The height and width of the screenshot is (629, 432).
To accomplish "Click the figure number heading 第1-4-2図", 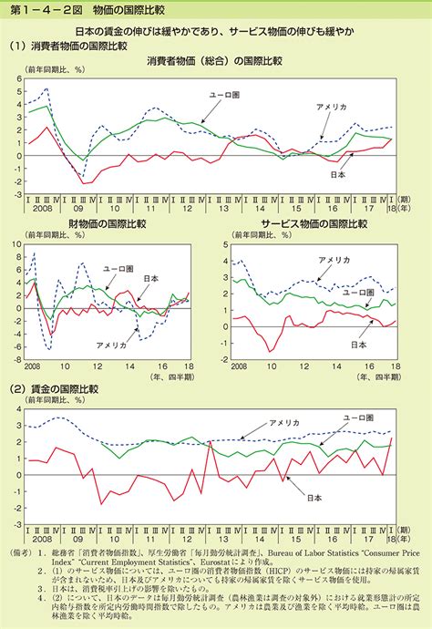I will point(37,10).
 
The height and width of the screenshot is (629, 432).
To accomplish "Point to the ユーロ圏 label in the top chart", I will point(224,94).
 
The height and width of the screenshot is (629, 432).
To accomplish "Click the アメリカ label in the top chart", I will point(331,108).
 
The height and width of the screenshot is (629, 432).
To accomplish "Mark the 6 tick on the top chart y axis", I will point(17,79).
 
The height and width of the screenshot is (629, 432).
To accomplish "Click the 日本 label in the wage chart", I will point(313,497).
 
